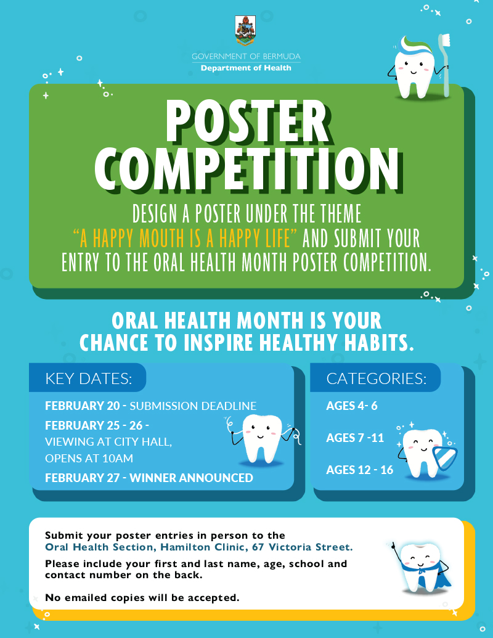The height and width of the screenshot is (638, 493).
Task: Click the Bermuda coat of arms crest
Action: (246, 31)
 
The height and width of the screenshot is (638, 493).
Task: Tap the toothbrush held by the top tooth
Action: (444, 62)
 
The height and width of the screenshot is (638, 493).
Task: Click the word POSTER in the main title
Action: (246, 121)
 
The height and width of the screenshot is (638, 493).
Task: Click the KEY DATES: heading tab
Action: (88, 378)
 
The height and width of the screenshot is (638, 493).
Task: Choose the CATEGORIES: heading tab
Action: (376, 378)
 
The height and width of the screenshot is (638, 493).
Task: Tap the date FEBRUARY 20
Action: (83, 406)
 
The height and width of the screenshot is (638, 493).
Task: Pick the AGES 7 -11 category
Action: (355, 438)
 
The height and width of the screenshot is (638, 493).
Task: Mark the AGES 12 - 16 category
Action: (359, 470)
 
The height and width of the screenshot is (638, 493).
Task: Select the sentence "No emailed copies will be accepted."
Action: (142, 597)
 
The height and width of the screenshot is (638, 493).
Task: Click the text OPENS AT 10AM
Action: (89, 459)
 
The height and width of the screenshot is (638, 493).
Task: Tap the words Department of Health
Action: (246, 68)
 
